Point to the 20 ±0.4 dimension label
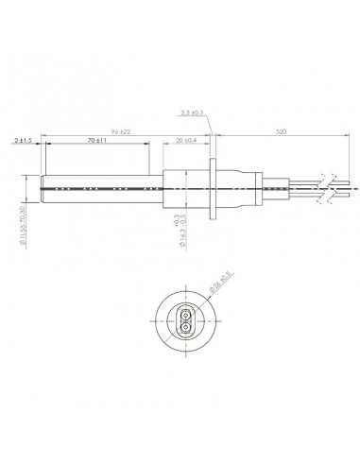point(185,139)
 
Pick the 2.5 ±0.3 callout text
point(189,113)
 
